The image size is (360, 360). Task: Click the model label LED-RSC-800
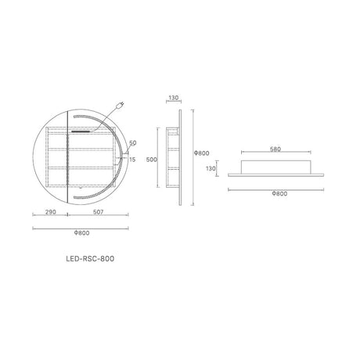point(90,258)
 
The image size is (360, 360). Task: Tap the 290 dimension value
point(51,212)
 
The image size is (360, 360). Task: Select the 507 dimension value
point(98,212)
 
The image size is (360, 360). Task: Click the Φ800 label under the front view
point(81,232)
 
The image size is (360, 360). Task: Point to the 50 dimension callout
point(133,142)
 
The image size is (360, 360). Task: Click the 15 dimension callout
point(132,160)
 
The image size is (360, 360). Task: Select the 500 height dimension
point(152,160)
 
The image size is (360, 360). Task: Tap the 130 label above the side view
point(174,98)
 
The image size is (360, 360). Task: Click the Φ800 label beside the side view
point(202,153)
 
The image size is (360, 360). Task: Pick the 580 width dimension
point(275,149)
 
